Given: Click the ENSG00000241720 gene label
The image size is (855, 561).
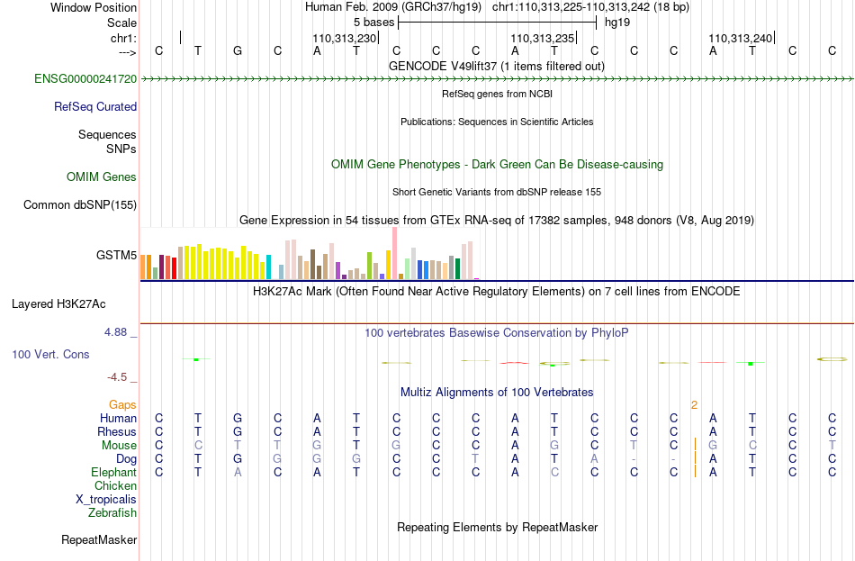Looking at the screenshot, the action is (85, 78).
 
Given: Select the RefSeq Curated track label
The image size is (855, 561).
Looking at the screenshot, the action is (95, 106).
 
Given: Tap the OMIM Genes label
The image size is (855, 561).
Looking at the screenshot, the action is (102, 176).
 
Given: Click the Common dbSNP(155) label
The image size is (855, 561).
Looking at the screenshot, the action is (80, 204).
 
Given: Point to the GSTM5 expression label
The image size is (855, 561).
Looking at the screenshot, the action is (116, 255).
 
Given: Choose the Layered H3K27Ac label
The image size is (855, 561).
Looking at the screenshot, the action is (58, 304).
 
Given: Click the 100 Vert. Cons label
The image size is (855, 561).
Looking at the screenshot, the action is (50, 354).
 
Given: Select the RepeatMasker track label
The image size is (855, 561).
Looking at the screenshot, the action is (99, 539).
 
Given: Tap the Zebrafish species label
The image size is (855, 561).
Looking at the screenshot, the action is (112, 512).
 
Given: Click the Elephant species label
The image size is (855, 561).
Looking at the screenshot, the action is (114, 472).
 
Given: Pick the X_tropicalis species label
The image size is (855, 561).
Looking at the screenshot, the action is (106, 500).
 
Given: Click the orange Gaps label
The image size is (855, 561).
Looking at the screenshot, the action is (122, 404).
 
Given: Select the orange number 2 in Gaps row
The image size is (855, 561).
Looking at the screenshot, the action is (694, 405).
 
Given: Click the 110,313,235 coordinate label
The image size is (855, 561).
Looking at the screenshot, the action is (543, 38).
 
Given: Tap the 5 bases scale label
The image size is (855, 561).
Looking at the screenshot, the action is (373, 23).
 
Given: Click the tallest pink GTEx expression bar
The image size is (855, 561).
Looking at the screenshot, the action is (394, 253).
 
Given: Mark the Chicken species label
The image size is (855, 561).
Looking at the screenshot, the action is (115, 485).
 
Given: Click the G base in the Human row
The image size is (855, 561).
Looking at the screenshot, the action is (238, 418).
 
